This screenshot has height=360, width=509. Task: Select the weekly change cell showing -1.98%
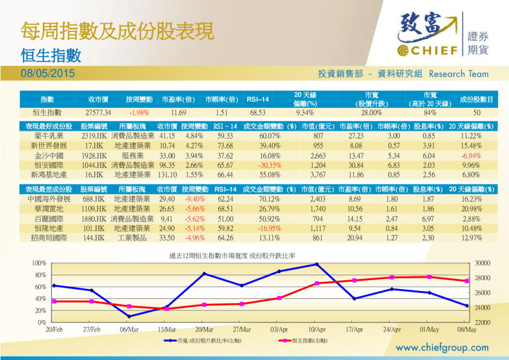pyautogui.click(x=139, y=113)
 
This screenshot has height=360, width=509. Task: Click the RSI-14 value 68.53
pyautogui.click(x=258, y=113)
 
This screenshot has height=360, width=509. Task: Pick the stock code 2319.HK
pyautogui.click(x=94, y=137)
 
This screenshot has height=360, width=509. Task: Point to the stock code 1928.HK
pyautogui.click(x=94, y=155)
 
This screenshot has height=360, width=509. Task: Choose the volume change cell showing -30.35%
pyautogui.click(x=270, y=165)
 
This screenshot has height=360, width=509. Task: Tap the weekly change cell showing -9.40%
pyautogui.click(x=194, y=199)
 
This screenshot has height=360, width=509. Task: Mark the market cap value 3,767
pyautogui.click(x=317, y=174)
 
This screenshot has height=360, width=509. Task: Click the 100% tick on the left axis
pyautogui.click(x=39, y=263)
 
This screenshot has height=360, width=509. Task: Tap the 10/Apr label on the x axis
pyautogui.click(x=317, y=330)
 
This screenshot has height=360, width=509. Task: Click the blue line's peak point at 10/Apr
pyautogui.click(x=317, y=264)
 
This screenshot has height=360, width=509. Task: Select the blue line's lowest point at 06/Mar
pyautogui.click(x=129, y=316)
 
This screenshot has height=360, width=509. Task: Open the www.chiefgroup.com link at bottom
pyautogui.click(x=442, y=348)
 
